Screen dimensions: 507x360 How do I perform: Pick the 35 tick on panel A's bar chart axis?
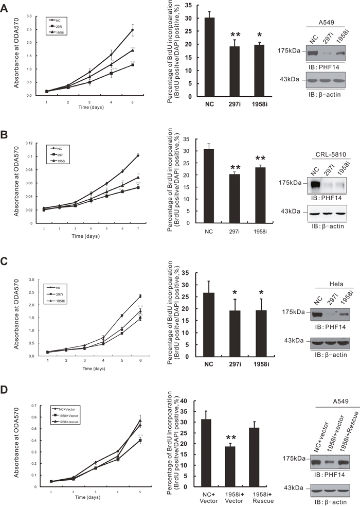pos(188,6)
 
